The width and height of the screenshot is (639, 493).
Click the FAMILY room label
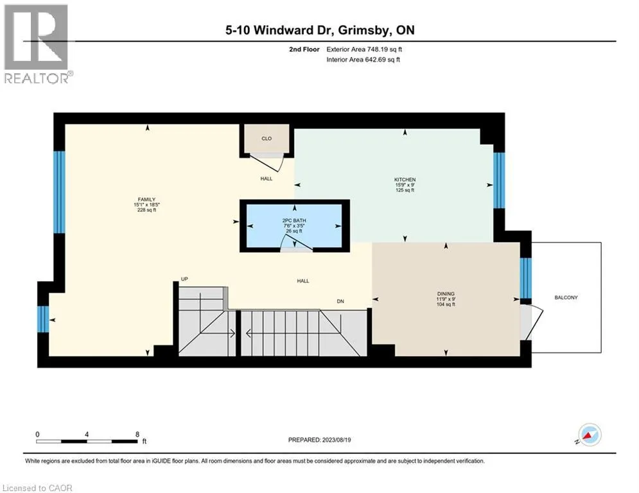click(146, 200)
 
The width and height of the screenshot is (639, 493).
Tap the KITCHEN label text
click(405, 180)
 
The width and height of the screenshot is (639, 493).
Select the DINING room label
click(446, 294)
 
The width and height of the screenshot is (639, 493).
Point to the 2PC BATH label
click(294, 220)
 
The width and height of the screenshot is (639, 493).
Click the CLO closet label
click(267, 139)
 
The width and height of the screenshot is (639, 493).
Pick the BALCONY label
click(566, 297)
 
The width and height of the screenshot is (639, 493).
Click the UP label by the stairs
click(184, 279)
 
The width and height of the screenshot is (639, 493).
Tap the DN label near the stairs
click(340, 302)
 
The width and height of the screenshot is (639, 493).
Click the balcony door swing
click(532, 322)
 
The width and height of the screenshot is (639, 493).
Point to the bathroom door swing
click(296, 242)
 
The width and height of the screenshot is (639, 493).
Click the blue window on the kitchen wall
click(499, 180)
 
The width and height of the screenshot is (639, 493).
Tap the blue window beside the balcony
click(526, 279)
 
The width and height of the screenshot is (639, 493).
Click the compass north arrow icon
click(590, 435)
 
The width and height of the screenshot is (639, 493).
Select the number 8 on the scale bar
click(137, 435)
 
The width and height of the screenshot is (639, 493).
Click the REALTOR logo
click(37, 44)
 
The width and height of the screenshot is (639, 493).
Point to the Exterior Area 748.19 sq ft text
click(364, 49)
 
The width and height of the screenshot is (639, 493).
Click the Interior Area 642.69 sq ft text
click(363, 60)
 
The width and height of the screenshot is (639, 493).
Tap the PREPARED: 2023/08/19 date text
click(320, 440)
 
